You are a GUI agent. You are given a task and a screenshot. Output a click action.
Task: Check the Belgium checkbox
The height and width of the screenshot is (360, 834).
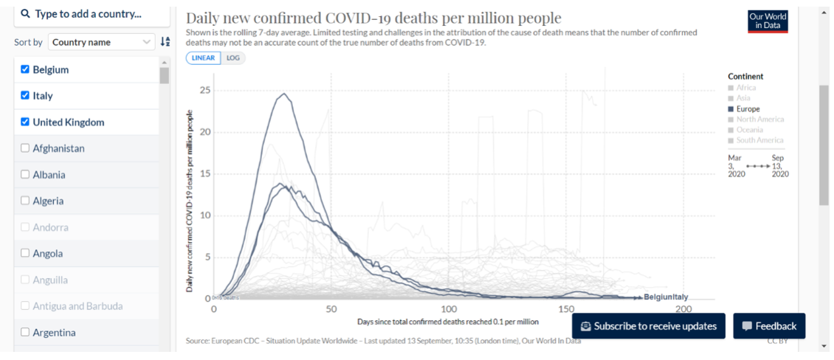(x=26, y=69)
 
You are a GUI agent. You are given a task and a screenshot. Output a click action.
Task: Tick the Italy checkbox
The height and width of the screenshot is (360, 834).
(x=26, y=96)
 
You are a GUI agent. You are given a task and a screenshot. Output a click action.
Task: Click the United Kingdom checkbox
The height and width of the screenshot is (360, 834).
(x=26, y=122)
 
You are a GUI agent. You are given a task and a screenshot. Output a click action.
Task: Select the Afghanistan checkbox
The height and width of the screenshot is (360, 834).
(x=26, y=148)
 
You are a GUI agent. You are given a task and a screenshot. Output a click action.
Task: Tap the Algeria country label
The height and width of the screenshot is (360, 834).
(x=48, y=201)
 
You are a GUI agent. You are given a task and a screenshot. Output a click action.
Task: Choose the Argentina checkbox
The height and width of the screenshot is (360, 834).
(x=26, y=332)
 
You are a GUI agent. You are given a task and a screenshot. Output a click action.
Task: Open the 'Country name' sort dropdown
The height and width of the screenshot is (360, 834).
(x=101, y=42)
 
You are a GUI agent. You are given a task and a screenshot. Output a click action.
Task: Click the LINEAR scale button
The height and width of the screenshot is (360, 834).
(x=203, y=58)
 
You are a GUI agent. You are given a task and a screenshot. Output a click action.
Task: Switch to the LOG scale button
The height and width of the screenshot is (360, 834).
(x=232, y=58)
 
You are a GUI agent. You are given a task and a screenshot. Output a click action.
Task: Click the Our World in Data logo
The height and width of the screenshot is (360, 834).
(x=768, y=21)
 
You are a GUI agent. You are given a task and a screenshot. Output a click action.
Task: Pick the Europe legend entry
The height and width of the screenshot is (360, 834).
(x=748, y=109)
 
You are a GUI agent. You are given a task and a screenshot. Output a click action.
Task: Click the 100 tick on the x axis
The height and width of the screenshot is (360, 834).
(x=449, y=308)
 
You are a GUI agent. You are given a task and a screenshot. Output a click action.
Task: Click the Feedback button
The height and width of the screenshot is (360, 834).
(x=769, y=326)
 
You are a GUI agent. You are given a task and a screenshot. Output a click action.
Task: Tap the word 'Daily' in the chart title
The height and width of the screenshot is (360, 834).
(x=204, y=18)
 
